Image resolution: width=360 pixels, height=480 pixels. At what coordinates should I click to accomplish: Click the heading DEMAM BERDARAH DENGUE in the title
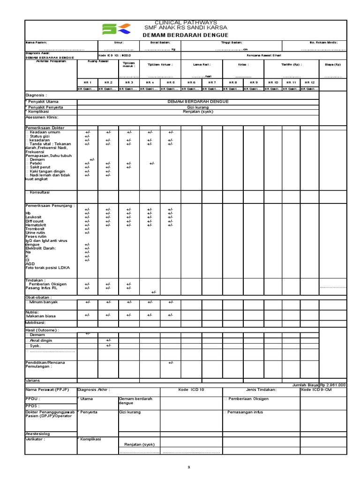click(x=180, y=35)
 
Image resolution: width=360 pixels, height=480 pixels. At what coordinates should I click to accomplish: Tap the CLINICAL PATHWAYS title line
click(x=180, y=22)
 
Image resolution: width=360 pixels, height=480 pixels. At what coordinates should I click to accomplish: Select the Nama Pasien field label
click(x=37, y=42)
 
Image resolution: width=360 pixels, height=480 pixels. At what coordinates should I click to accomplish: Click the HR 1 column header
click(x=88, y=82)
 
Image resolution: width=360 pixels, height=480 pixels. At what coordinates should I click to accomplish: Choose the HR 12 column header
click(x=309, y=82)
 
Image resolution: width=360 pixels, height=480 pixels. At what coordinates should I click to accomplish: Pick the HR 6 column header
click(x=191, y=82)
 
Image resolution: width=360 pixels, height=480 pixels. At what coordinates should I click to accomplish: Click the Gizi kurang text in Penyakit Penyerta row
click(x=197, y=107)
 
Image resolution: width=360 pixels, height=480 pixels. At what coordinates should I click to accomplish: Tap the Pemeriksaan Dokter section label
click(x=45, y=127)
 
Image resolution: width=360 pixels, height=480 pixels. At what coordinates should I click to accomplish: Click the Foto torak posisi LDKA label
click(x=47, y=267)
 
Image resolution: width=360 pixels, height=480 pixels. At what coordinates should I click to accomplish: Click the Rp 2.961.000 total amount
click(x=333, y=385)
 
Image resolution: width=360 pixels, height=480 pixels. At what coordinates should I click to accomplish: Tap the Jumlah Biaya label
click(x=305, y=385)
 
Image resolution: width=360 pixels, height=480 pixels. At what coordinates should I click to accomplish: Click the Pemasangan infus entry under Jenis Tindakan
click(x=244, y=412)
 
